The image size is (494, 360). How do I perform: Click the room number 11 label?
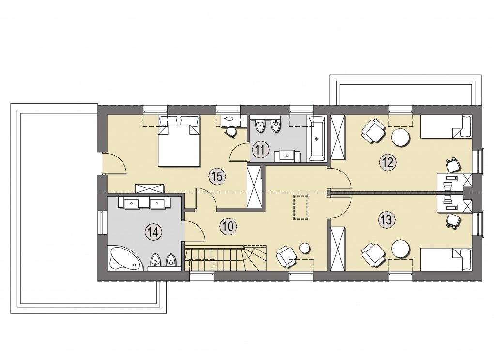[x=260, y=150]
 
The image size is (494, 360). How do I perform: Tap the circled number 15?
[x=217, y=176]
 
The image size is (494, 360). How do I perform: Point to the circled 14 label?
[x=152, y=233]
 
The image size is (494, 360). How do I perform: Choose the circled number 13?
[x=386, y=219]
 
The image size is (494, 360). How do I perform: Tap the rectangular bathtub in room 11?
[x=317, y=140]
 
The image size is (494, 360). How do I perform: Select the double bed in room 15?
[x=179, y=141]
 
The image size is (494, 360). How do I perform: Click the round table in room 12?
[x=401, y=137]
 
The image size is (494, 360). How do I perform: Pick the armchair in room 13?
[x=374, y=255]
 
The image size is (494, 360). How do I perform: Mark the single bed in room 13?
[x=447, y=259]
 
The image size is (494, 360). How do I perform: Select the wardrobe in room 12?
[x=338, y=137]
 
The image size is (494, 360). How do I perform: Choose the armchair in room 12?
[x=374, y=131]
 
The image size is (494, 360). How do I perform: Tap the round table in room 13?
[x=401, y=250]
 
